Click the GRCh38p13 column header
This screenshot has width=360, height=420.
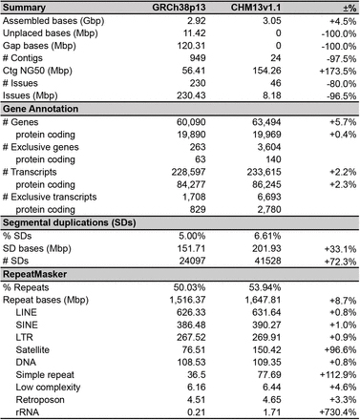point(193,6)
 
